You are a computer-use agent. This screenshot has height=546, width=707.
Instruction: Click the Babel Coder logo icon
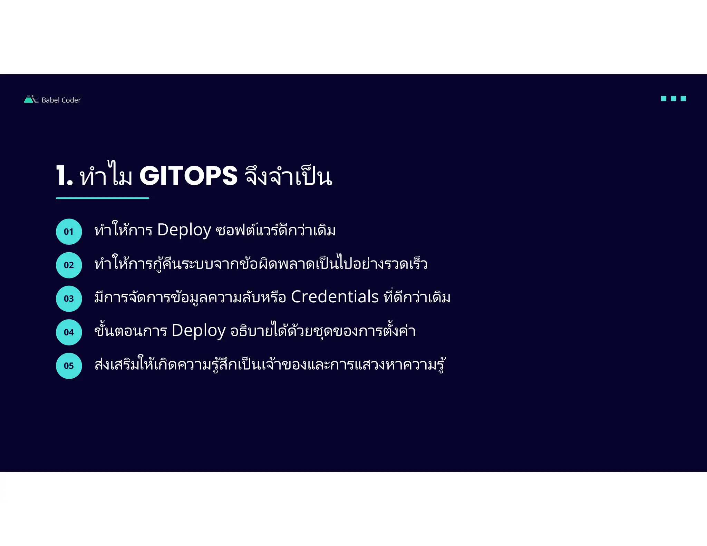(31, 99)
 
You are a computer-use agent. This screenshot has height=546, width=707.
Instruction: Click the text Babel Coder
(61, 100)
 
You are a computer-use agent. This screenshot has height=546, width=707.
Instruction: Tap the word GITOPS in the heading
(188, 176)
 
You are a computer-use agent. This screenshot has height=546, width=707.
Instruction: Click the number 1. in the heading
(65, 176)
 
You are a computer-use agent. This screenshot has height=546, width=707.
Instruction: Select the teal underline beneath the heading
(103, 198)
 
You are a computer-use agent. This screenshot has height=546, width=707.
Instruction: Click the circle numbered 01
(69, 232)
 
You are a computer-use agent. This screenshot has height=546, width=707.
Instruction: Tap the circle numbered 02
(69, 265)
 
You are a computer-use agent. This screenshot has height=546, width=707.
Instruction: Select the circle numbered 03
(69, 299)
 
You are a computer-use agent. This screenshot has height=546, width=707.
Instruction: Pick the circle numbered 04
(69, 332)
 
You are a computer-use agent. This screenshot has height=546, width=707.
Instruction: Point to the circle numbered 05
(69, 365)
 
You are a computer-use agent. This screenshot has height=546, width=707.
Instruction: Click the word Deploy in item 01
(184, 230)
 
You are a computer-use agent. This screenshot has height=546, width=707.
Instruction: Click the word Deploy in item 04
(198, 331)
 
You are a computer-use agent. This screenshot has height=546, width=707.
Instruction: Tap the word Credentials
(335, 297)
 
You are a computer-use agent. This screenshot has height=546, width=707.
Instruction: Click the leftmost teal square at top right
(664, 99)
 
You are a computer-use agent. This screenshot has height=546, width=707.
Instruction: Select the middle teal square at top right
(673, 99)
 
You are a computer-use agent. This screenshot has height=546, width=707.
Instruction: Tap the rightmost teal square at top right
(683, 99)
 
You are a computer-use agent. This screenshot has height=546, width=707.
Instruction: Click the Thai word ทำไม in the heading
(106, 176)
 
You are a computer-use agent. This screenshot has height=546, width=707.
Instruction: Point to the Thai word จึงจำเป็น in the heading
(289, 176)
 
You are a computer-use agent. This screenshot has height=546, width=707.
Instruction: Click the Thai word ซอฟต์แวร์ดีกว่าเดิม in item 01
(275, 230)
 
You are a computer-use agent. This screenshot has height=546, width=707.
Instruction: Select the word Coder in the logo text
(71, 100)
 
